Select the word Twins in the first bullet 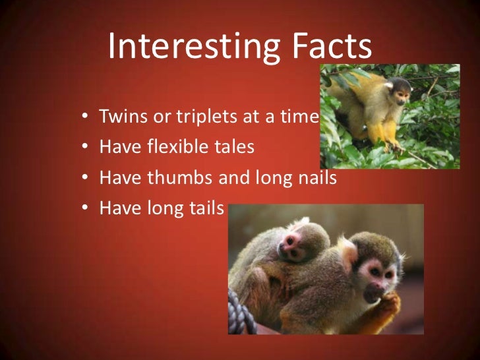pyautogui.click(x=120, y=117)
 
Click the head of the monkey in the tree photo pyautogui.click(x=398, y=88)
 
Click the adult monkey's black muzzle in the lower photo pyautogui.click(x=373, y=288)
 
